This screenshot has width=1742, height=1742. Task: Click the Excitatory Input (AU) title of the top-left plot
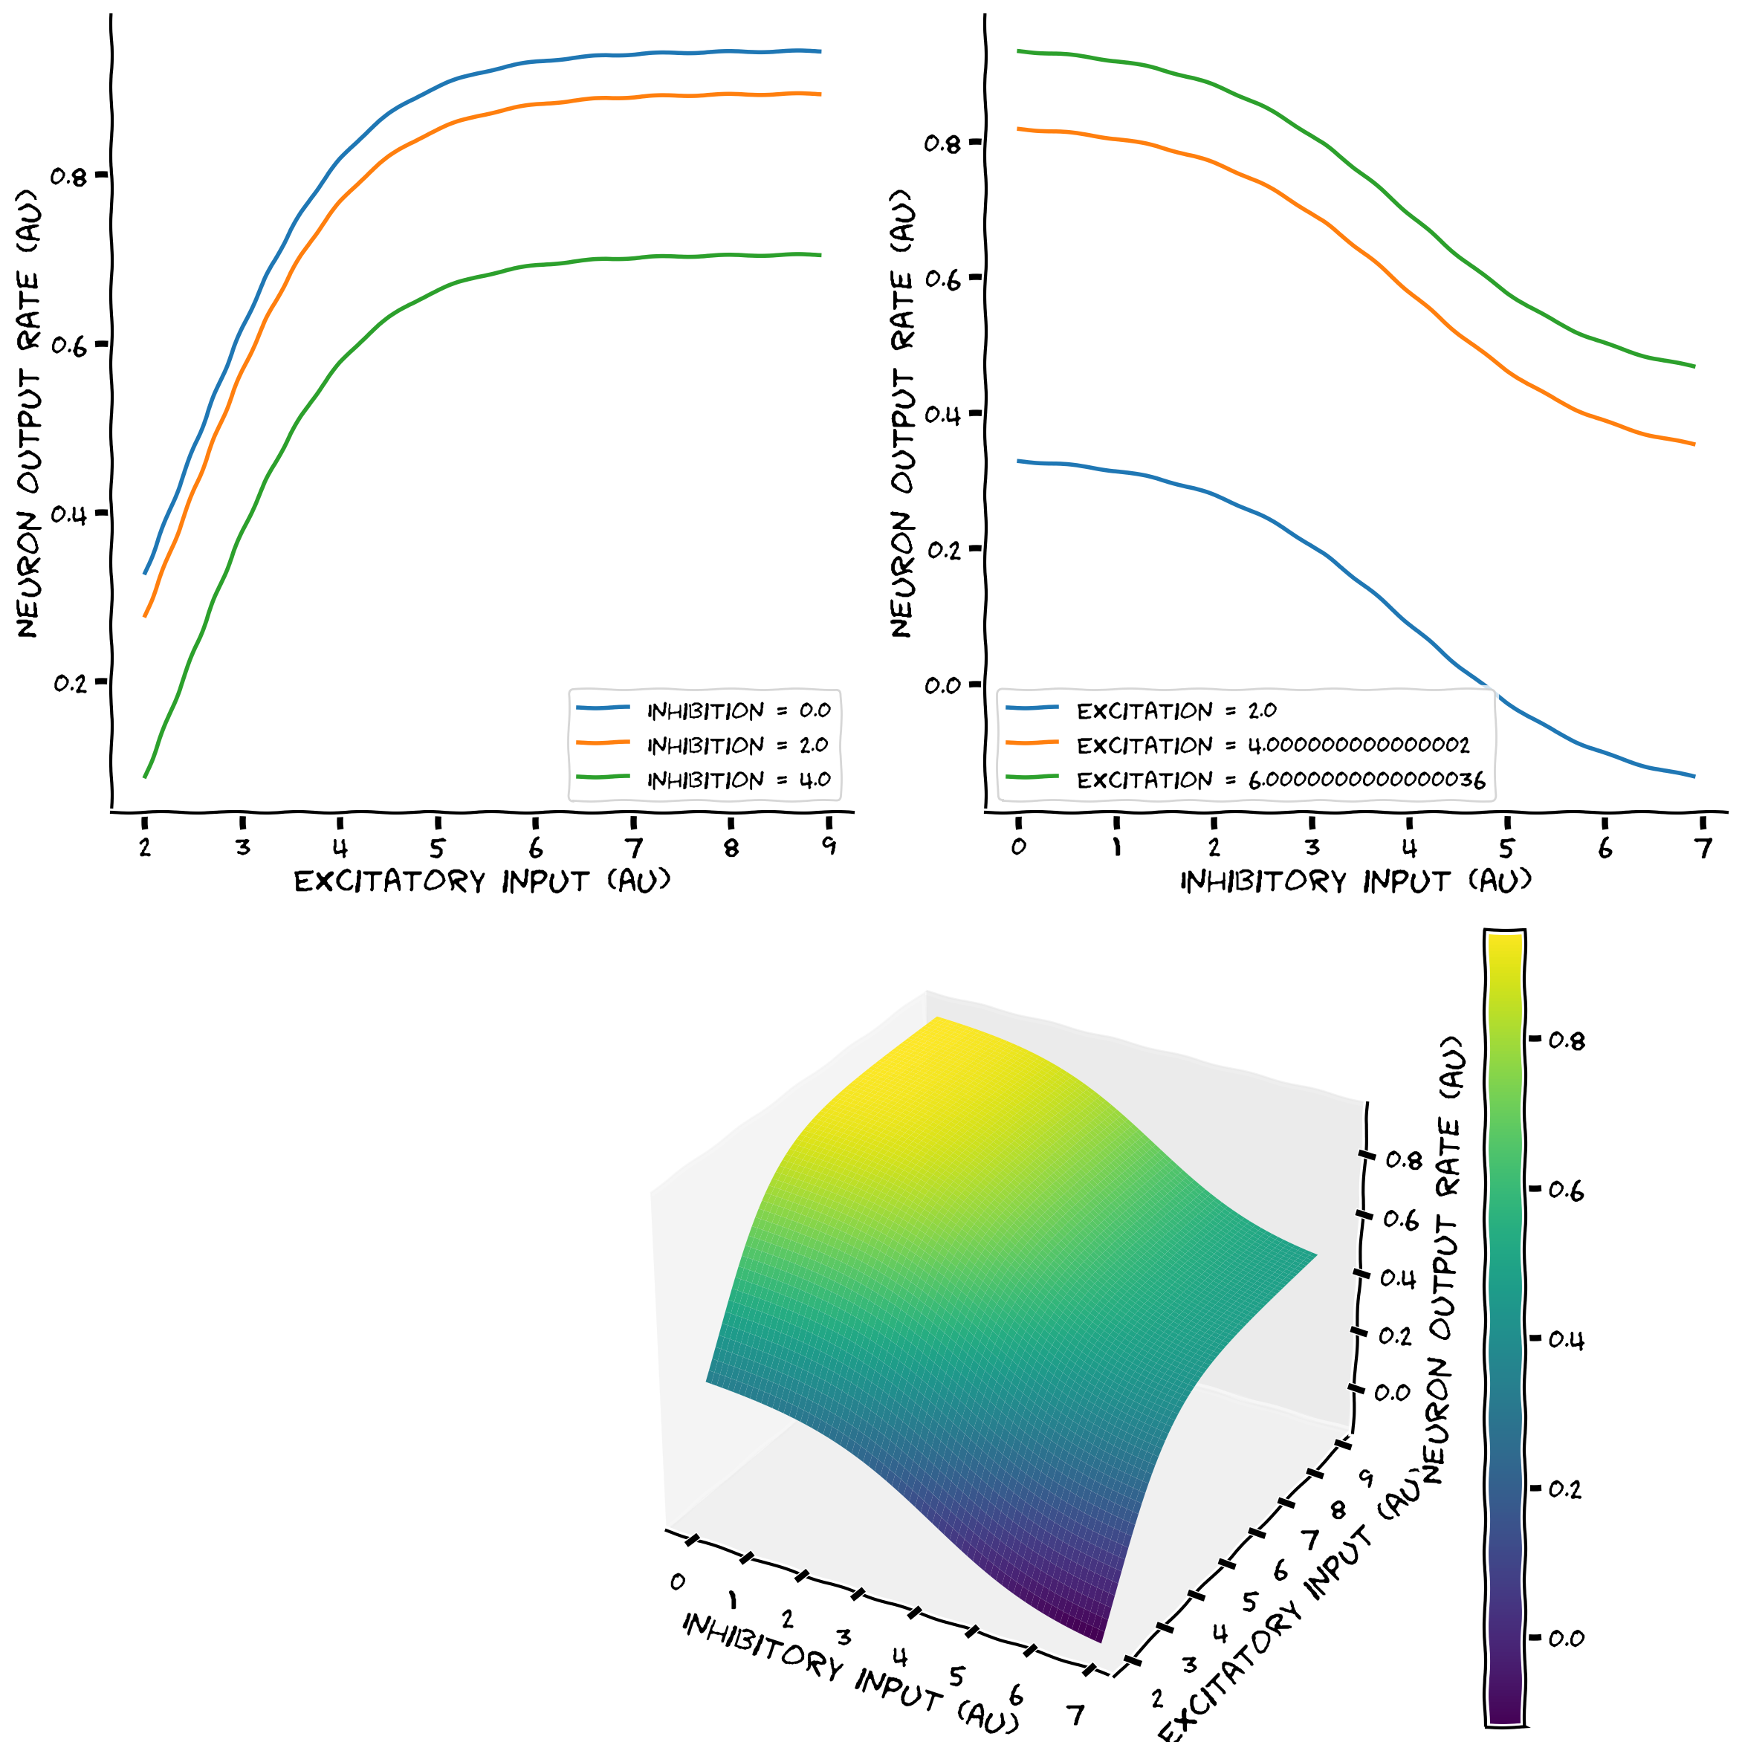482,881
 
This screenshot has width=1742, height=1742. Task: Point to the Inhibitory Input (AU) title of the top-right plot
1356,881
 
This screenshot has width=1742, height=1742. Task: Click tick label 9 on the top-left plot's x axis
829,846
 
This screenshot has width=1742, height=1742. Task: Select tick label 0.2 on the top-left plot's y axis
71,682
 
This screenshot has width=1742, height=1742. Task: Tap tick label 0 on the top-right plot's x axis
1018,846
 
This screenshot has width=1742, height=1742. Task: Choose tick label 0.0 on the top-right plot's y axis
942,685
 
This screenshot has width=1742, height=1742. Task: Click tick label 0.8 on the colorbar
1565,1041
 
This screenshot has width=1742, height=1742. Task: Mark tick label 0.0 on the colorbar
1565,1637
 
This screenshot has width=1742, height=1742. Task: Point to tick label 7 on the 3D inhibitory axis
1075,1713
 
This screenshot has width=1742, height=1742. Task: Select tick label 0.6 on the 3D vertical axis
1401,1220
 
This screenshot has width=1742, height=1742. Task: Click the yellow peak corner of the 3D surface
939,1020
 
